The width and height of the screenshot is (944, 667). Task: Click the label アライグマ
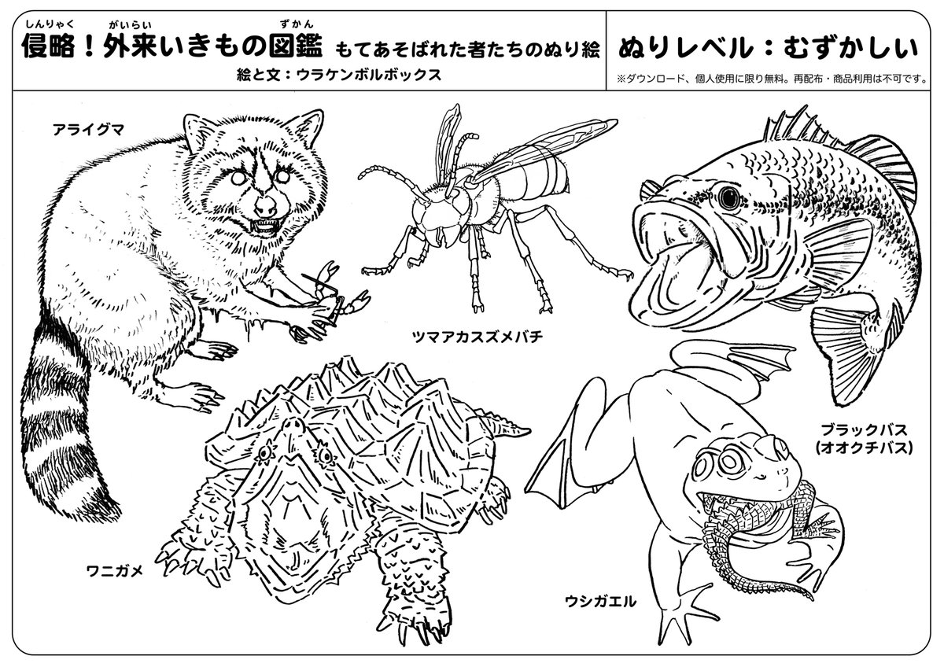88,130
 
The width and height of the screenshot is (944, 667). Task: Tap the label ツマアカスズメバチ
477,337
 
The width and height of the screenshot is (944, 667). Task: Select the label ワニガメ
115,571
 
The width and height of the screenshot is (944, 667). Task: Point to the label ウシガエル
600,602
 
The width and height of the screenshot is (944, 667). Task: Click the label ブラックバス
864,429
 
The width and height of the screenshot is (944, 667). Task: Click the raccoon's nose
266,205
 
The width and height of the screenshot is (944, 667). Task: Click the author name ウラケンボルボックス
369,75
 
